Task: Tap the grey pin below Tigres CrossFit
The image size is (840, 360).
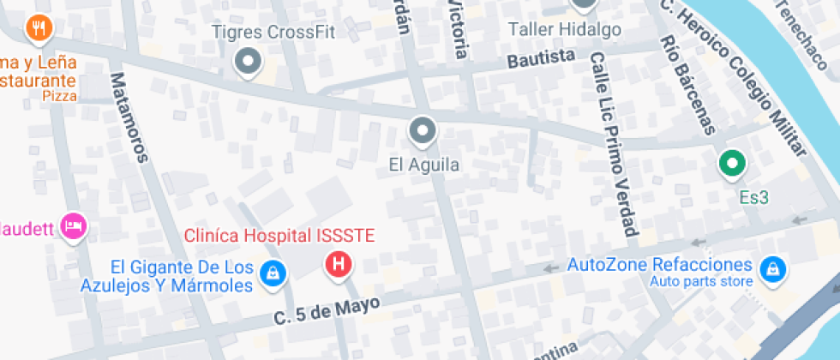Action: tap(249, 63)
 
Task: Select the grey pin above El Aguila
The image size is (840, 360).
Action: tap(423, 131)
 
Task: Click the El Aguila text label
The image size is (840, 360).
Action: tap(424, 165)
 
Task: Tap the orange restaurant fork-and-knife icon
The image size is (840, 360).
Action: tap(39, 29)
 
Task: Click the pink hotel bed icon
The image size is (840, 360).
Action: tap(75, 227)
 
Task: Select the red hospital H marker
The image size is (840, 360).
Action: tap(339, 264)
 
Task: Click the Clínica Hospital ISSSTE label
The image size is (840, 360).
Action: tap(280, 235)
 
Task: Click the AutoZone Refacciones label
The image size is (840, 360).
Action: tap(660, 265)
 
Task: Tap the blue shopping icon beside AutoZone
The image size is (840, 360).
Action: tap(773, 269)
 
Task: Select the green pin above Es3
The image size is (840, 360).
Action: tap(732, 163)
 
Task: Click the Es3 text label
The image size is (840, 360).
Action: tap(753, 198)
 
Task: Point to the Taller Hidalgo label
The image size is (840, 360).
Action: tap(564, 30)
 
